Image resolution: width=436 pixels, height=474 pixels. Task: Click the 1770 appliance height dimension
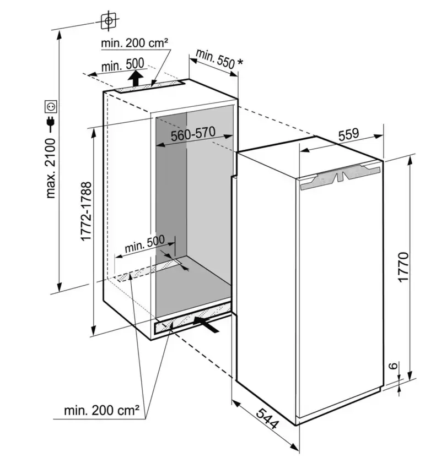pos(403,267)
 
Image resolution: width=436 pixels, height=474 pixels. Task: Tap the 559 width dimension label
pos(348,135)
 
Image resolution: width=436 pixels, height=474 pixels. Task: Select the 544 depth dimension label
pos(267,418)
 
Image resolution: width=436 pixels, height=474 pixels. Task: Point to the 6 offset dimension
pos(393,366)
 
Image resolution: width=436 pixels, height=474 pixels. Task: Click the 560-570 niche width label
pos(193,134)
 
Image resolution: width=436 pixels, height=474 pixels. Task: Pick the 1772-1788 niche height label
pos(86,211)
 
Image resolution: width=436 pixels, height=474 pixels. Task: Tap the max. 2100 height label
pos(51,168)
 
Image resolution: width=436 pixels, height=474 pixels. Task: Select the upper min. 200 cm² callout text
pos(134,43)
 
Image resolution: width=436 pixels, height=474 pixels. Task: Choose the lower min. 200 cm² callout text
pos(102,411)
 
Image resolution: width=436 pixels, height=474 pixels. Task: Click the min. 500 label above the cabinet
pos(122,66)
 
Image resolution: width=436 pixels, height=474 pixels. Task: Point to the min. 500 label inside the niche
pos(144,244)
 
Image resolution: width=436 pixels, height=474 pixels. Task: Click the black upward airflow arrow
pos(135,78)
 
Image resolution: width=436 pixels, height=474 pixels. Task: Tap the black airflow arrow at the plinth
pos(206,324)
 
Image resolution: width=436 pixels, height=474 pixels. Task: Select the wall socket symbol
pos(51,106)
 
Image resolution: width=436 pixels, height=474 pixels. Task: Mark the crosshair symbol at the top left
pos(109,20)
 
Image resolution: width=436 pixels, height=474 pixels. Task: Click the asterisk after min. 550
pos(240,62)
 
